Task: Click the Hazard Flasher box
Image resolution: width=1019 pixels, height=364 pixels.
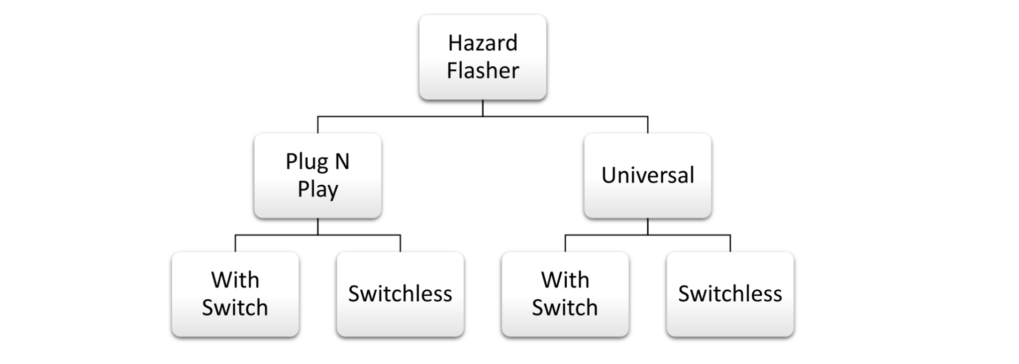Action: coord(483,57)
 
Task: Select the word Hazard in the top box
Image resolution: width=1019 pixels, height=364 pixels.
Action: coord(483,43)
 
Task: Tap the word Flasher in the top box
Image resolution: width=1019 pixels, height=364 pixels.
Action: coord(483,70)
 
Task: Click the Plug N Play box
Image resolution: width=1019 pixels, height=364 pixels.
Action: coord(317,175)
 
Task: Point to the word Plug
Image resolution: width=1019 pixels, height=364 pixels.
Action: coord(306,162)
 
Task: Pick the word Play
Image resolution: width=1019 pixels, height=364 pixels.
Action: coord(317,190)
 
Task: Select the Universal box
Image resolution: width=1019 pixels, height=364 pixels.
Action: coord(647,175)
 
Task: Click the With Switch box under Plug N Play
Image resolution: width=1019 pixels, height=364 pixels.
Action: coord(235,294)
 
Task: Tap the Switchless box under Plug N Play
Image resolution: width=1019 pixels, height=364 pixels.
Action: coord(400,294)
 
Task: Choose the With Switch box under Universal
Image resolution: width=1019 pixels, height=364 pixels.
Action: coord(565,294)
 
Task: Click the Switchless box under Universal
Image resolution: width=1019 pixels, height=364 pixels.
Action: coord(730,294)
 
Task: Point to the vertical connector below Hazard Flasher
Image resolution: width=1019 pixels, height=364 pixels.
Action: coord(483,108)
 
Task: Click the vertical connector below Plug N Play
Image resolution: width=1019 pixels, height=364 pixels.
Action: coord(317,227)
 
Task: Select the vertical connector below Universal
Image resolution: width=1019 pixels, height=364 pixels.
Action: coord(647,227)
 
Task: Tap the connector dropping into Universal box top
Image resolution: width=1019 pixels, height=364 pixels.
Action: coord(647,125)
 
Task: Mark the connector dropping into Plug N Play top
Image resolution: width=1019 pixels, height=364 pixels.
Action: coord(317,125)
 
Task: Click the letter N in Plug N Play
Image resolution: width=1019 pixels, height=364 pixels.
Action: coord(342,162)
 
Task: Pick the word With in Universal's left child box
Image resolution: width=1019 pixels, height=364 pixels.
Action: coord(565,280)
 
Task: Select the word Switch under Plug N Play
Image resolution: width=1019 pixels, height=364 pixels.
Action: coord(235,308)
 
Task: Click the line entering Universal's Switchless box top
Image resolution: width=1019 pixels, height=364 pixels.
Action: coord(730,243)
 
